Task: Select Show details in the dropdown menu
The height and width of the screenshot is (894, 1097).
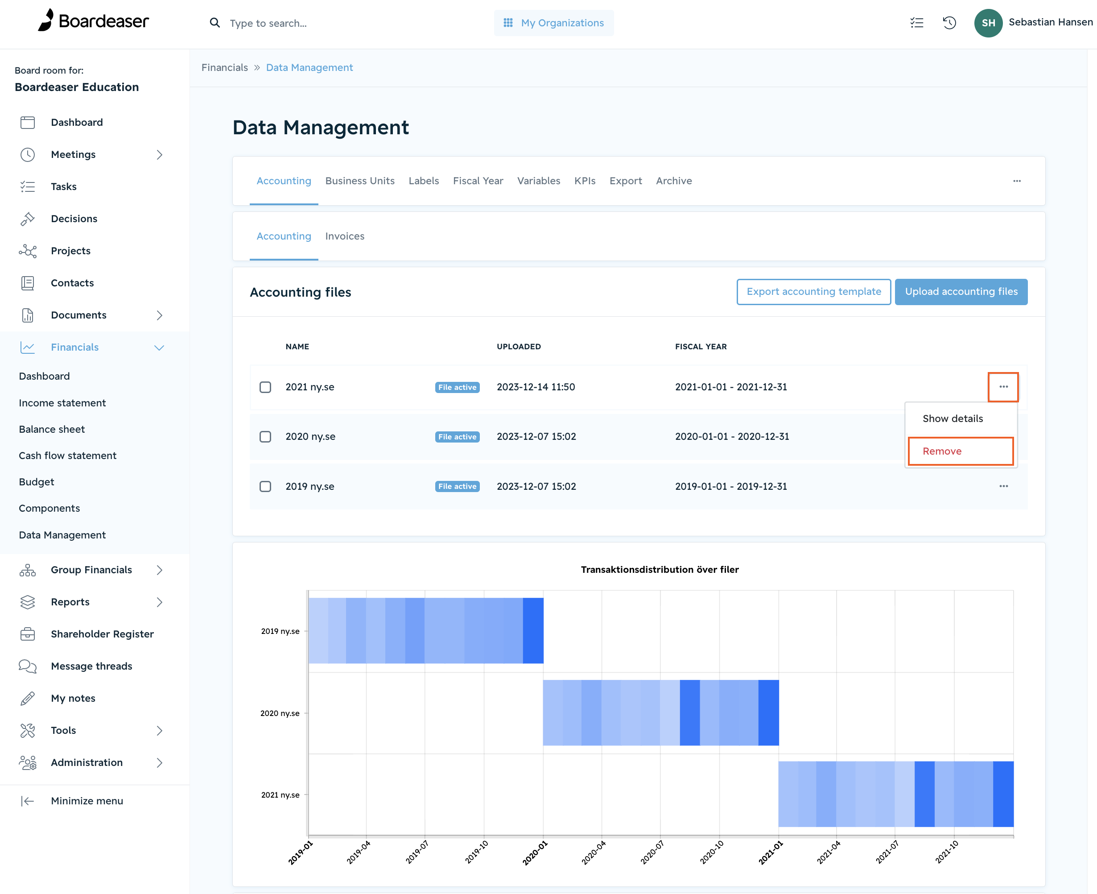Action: [x=953, y=419]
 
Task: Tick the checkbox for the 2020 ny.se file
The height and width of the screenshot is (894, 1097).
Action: [x=265, y=437]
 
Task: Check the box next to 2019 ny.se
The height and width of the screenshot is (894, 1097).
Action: [x=265, y=486]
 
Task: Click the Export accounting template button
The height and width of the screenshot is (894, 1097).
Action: [x=813, y=291]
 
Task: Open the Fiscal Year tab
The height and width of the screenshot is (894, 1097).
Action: [x=478, y=181]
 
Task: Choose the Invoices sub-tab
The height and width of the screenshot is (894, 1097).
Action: [x=344, y=236]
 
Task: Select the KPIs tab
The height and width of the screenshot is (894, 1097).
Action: [x=585, y=181]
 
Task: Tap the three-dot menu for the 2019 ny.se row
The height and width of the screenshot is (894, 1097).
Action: [x=1003, y=486]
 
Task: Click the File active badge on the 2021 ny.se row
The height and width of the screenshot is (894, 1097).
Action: [x=457, y=387]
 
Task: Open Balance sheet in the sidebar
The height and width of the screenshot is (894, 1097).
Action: [x=51, y=429]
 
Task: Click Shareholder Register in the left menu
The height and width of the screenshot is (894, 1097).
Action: [x=102, y=634]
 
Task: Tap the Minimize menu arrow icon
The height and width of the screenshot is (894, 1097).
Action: [x=27, y=801]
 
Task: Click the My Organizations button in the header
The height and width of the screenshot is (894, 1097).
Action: [x=554, y=23]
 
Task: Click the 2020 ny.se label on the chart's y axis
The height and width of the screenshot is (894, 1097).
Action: [x=280, y=713]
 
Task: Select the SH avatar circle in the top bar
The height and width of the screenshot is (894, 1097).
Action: [x=988, y=23]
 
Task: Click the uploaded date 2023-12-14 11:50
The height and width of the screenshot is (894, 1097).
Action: [x=536, y=387]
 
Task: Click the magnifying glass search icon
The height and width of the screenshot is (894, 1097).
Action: [x=214, y=23]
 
